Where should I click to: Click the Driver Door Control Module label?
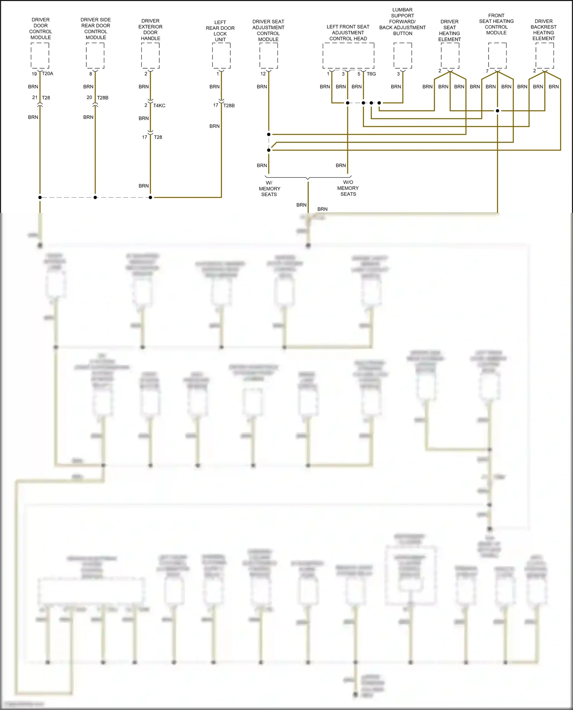point(40,29)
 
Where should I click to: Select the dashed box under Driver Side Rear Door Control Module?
point(95,56)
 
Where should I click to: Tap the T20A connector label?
point(48,74)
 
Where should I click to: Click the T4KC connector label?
point(159,106)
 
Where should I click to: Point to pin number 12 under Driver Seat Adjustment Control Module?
point(263,74)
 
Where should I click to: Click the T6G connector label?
point(371,74)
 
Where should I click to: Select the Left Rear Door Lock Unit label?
point(220,31)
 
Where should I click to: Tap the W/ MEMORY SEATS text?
point(269,188)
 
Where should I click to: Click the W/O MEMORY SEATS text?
point(348,188)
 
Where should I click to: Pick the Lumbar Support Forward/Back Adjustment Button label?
point(402,22)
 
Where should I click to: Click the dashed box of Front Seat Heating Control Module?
point(497,56)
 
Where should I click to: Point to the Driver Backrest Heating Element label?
point(544,30)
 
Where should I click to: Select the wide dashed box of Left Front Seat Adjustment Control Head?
point(348,56)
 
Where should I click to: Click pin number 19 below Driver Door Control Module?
point(34,74)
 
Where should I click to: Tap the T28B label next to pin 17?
point(229,106)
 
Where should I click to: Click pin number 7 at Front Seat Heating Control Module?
point(487,71)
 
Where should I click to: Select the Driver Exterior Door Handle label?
point(151,30)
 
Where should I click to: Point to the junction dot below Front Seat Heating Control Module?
point(497,111)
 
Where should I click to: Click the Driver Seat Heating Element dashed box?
point(450,56)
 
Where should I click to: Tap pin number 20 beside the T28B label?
point(89,98)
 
